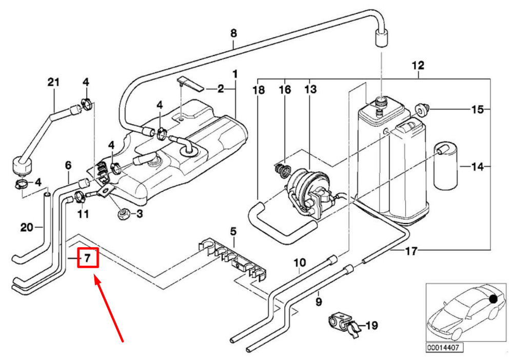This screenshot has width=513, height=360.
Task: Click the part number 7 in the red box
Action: coord(87,258)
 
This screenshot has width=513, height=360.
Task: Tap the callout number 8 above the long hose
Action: coord(233,33)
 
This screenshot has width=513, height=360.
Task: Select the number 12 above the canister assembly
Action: coord(418,66)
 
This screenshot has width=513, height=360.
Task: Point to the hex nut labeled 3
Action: coord(123,214)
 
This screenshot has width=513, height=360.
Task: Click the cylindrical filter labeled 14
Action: coord(446,166)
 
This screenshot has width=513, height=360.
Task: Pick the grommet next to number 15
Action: coord(421,108)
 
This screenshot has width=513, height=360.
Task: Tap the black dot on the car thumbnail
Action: coord(493,298)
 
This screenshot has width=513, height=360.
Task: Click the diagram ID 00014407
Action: coord(444,347)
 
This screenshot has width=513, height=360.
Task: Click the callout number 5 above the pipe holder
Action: coord(233,232)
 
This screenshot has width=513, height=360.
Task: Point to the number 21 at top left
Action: coord(54,82)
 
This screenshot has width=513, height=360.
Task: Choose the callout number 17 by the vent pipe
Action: coord(411,251)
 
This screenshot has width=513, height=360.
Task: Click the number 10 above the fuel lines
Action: coord(300,262)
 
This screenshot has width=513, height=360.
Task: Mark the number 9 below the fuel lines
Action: coord(319,302)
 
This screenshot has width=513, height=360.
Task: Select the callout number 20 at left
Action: coord(27,227)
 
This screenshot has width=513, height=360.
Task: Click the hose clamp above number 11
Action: coord(80,197)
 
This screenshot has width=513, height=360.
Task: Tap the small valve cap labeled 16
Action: coord(282,170)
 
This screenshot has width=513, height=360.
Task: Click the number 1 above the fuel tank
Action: coord(235,74)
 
